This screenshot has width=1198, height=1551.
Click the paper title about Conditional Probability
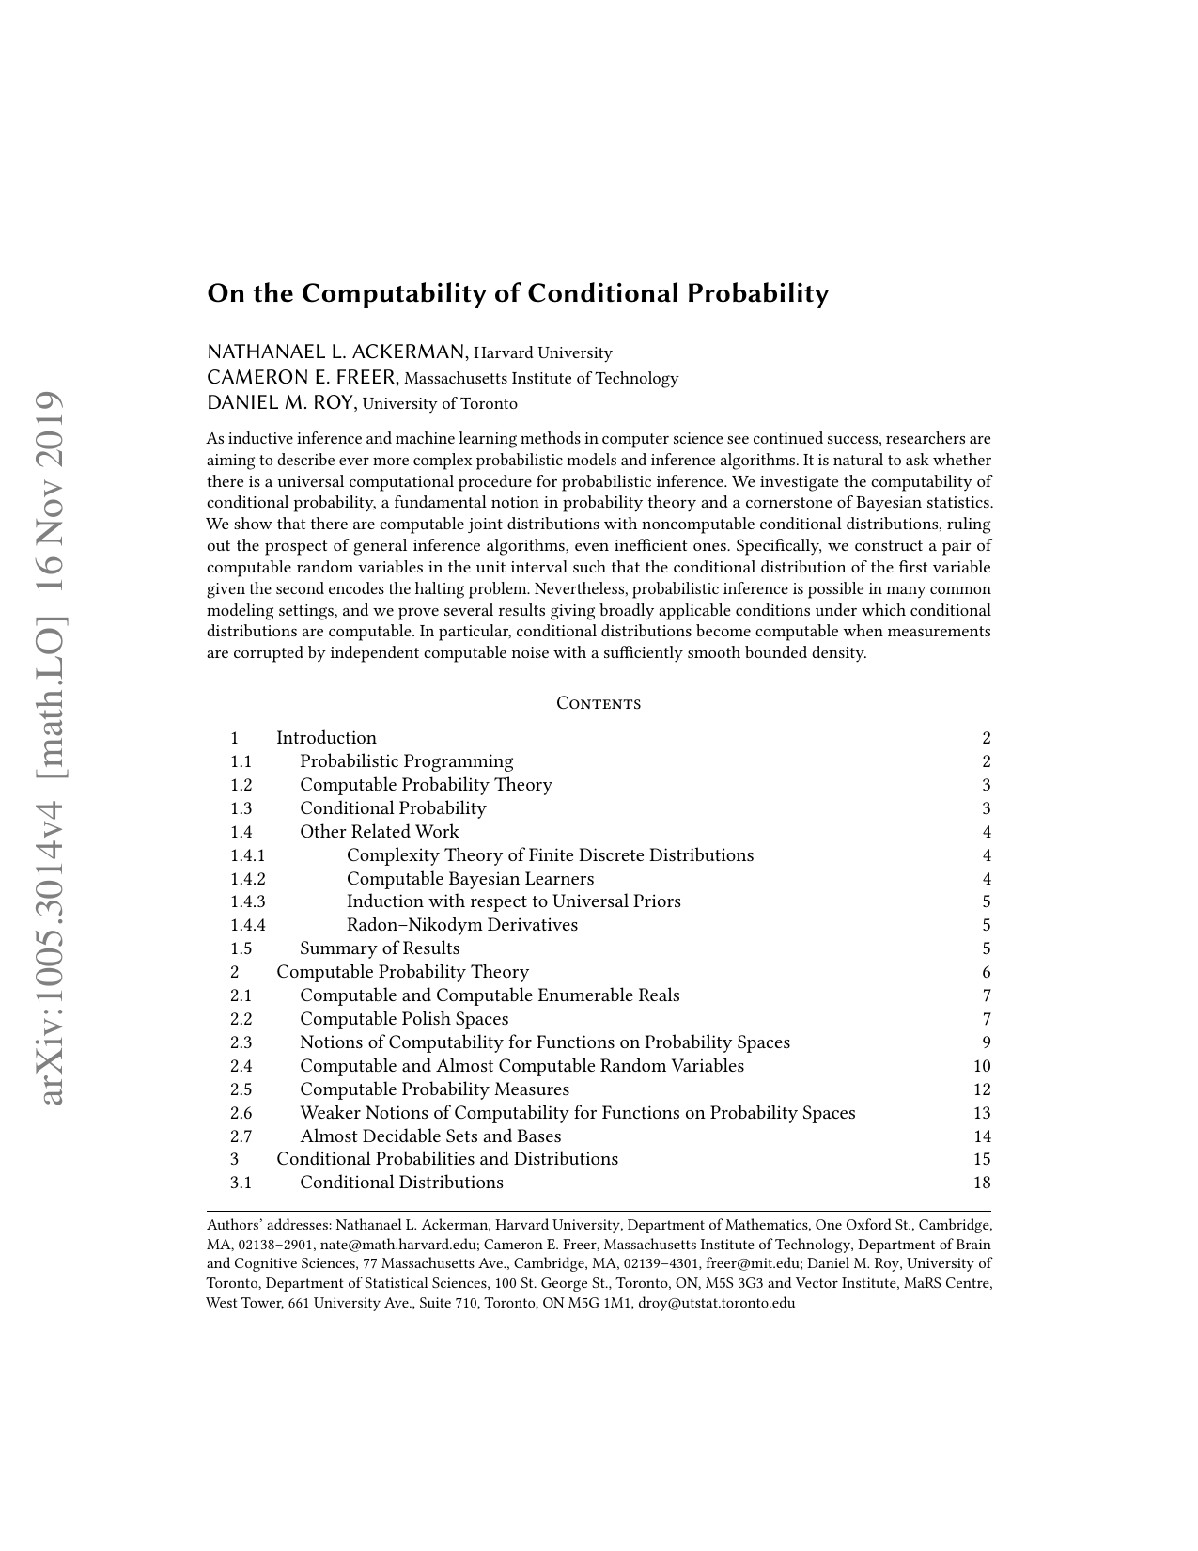click(518, 293)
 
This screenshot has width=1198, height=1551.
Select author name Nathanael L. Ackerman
click(336, 352)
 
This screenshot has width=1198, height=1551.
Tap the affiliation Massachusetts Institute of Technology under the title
click(540, 378)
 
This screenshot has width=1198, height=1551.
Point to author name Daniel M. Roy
click(280, 403)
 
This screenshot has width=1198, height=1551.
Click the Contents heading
click(599, 703)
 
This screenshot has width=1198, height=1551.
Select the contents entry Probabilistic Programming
click(406, 761)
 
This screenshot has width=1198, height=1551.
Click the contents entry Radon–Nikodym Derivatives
click(461, 925)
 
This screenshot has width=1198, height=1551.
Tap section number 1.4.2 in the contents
click(247, 879)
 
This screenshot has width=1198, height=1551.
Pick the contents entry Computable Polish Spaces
click(404, 1019)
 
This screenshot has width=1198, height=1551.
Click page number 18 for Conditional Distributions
click(982, 1183)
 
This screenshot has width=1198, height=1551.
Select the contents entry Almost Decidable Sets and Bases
click(430, 1136)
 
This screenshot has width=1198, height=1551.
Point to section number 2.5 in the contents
click(241, 1089)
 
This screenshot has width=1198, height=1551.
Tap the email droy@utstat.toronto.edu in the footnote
click(716, 1303)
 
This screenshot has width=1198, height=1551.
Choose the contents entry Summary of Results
click(380, 948)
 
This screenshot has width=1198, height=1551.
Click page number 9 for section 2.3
click(987, 1042)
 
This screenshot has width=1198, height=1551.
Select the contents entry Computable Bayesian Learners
click(470, 879)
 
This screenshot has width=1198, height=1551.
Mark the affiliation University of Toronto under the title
click(440, 404)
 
